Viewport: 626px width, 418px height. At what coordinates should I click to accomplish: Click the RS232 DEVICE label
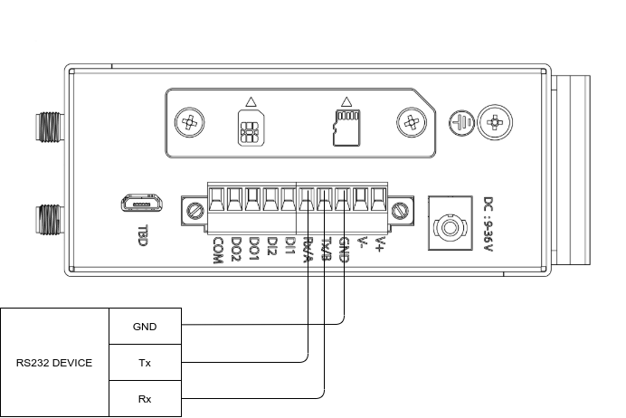[x=54, y=363]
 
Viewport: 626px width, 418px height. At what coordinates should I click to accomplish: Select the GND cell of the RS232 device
[x=145, y=327]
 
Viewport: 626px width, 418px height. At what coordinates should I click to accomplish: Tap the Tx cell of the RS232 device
[x=145, y=363]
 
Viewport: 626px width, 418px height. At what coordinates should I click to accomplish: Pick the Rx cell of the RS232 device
[x=145, y=399]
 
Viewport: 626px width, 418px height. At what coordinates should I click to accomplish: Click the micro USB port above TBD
[x=142, y=203]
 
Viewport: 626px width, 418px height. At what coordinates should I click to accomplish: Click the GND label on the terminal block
[x=344, y=248]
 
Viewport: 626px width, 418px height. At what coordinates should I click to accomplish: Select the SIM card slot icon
[x=247, y=128]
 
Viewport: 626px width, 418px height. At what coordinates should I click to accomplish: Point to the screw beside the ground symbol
[x=493, y=120]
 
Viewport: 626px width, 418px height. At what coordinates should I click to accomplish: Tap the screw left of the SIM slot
[x=190, y=121]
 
